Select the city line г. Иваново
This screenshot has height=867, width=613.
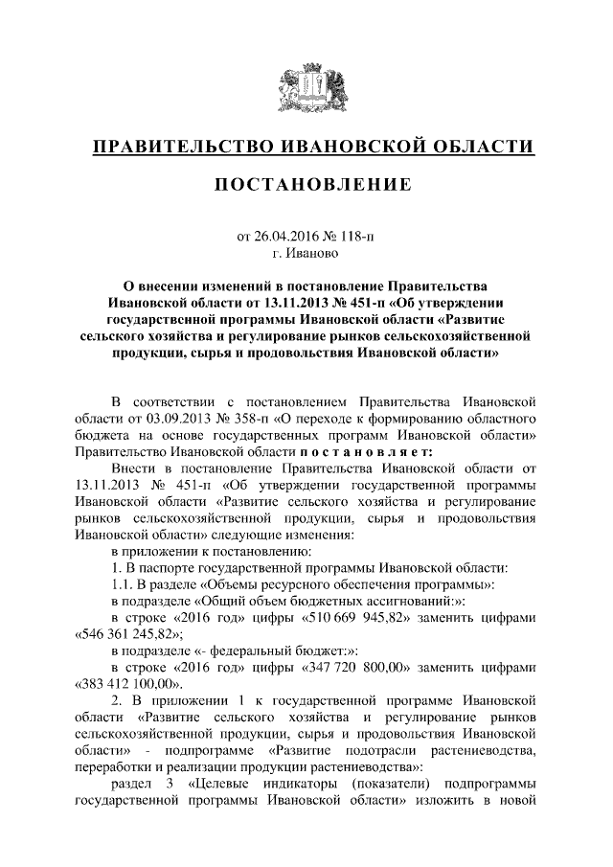pyautogui.click(x=306, y=253)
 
